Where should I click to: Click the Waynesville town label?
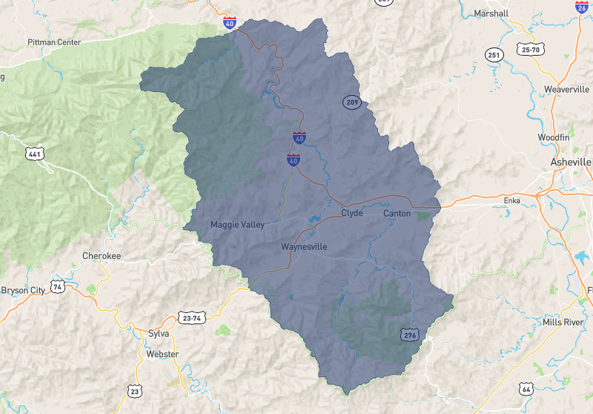coord(304,247)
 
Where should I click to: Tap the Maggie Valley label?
coord(237,225)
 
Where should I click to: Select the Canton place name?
coord(397,214)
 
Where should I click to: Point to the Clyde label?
coord(351,213)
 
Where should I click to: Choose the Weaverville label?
coord(566,89)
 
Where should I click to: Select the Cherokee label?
coord(101,256)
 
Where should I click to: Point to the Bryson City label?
coord(22,289)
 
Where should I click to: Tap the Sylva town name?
coord(159,333)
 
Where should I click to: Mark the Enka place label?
coord(511,201)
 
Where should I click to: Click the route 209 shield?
coord(351,102)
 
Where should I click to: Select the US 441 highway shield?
coord(34,154)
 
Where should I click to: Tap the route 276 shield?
coord(411,335)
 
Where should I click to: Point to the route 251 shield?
coord(494,55)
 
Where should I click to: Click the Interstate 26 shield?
coord(582,5)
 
